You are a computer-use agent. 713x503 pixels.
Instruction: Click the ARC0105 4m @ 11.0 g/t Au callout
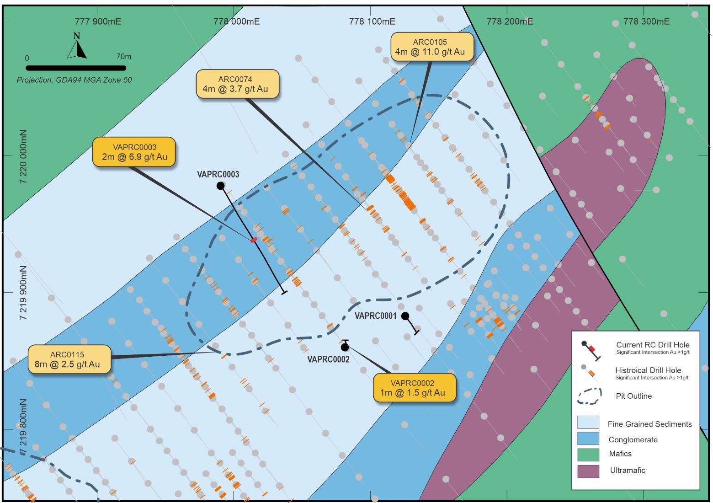click(431, 47)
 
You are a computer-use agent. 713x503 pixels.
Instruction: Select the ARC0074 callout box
click(237, 84)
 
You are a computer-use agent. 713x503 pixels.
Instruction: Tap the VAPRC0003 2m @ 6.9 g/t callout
click(134, 152)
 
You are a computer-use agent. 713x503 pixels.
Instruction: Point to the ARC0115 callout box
click(69, 359)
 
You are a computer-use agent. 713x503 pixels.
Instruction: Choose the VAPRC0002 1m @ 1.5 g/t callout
click(414, 388)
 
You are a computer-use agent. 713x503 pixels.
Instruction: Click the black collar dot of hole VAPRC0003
click(220, 185)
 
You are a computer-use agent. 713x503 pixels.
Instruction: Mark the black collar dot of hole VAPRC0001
click(405, 316)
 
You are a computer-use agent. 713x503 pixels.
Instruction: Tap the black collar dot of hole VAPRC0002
click(345, 348)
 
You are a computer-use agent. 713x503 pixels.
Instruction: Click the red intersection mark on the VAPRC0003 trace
click(254, 240)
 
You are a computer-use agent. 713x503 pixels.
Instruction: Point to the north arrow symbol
click(77, 47)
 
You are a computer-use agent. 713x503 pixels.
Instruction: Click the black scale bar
click(76, 68)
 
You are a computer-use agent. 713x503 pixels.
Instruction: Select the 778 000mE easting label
click(236, 21)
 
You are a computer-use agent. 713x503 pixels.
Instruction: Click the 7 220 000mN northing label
click(23, 156)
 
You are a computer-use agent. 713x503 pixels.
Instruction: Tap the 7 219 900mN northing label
click(23, 292)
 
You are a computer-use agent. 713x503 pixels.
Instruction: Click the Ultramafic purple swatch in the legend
click(588, 471)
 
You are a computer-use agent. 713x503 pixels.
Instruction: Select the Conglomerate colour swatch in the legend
click(588, 439)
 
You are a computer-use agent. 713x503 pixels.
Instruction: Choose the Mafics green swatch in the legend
click(588, 455)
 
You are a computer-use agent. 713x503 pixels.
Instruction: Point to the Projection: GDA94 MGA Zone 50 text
click(74, 80)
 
